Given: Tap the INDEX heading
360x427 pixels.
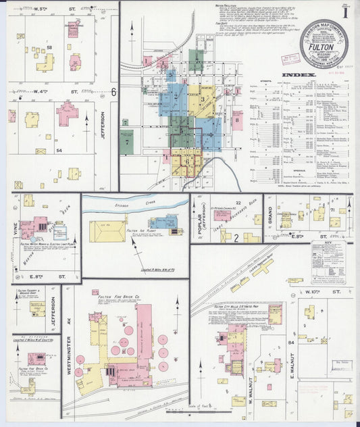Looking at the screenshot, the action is (x=298, y=74).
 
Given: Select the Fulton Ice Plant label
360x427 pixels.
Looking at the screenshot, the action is (x=137, y=230).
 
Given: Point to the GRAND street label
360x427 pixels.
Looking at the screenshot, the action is (x=269, y=218).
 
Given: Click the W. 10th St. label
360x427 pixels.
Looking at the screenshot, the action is (x=334, y=293).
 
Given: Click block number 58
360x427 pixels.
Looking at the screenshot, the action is (x=50, y=47).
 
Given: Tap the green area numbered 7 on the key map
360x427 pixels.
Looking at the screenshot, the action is (x=126, y=141).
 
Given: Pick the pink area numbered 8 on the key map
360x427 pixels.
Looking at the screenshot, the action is (x=237, y=120).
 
